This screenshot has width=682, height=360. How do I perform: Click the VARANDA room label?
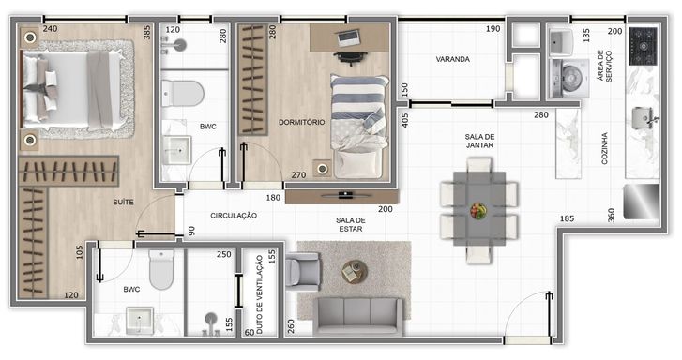click(x=453, y=59)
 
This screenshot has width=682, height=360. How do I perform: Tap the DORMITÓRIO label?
click(x=301, y=122)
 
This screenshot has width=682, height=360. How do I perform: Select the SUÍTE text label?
click(x=123, y=202)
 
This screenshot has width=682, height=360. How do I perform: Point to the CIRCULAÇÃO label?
click(x=234, y=216)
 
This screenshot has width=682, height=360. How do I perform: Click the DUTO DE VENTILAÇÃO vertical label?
click(x=260, y=294)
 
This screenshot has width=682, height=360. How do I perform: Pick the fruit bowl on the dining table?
click(x=478, y=210)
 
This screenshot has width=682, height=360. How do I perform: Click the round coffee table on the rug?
click(x=355, y=272)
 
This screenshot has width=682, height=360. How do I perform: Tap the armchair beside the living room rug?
click(x=303, y=271)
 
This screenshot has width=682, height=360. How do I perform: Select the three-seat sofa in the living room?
click(x=359, y=316)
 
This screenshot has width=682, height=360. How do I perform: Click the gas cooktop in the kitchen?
click(x=643, y=46)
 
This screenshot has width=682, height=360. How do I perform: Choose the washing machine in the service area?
click(x=569, y=78)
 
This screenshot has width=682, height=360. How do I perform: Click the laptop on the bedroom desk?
click(x=349, y=37)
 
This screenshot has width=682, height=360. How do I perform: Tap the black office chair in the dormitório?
click(x=351, y=57)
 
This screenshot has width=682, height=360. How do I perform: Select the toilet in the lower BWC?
click(x=161, y=269)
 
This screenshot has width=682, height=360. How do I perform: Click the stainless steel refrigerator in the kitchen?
click(x=641, y=202)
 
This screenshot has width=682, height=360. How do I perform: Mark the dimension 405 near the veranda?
click(x=405, y=120)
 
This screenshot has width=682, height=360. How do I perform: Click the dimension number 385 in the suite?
click(x=147, y=33)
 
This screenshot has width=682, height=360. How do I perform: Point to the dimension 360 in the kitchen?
click(x=611, y=216)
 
